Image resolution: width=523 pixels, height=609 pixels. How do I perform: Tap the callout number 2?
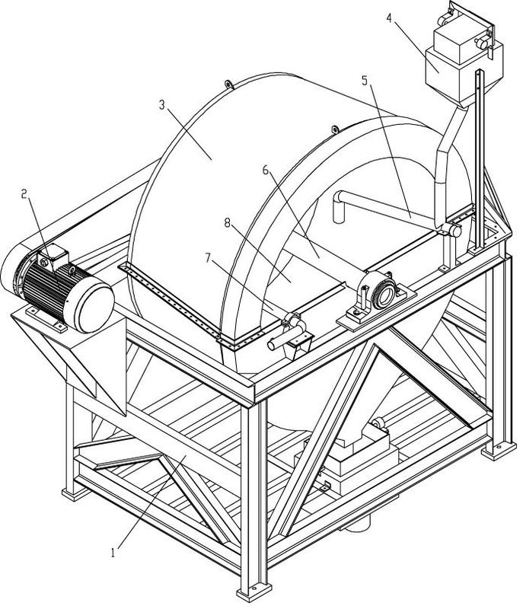pyautogui.click(x=25, y=194)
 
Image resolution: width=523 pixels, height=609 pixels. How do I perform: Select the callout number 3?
pyautogui.click(x=162, y=104)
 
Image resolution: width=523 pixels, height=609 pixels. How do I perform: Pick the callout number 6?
pyautogui.click(x=266, y=171)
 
